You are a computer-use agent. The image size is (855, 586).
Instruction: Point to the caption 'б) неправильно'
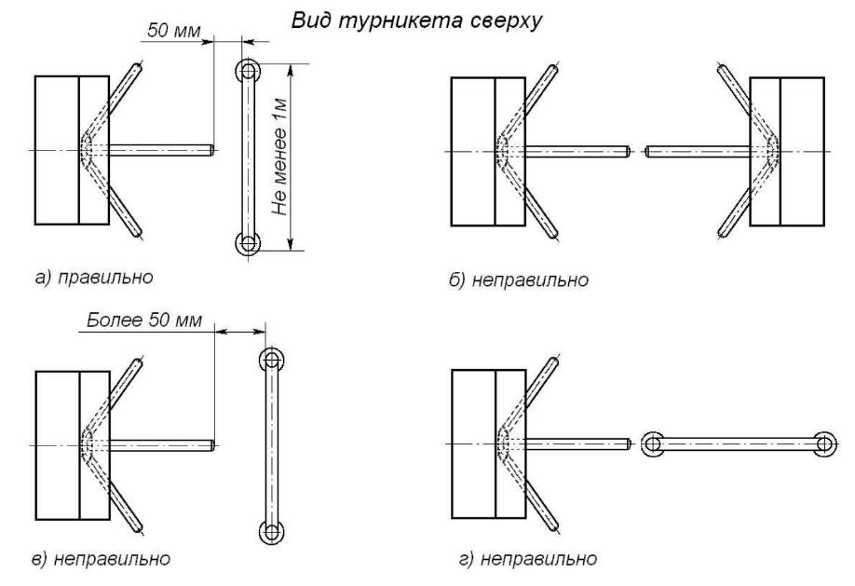[518, 280]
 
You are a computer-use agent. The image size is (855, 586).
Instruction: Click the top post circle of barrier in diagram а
[247, 71]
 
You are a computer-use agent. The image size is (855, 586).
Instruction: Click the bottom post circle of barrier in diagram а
[247, 244]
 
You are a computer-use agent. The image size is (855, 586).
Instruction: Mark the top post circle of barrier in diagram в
[270, 360]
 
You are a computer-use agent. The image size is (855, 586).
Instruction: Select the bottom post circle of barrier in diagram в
[270, 532]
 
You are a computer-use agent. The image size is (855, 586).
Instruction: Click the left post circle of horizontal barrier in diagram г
[653, 444]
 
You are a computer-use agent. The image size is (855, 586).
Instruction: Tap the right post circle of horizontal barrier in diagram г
[823, 444]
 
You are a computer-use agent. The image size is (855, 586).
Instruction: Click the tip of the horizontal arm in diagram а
[212, 150]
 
